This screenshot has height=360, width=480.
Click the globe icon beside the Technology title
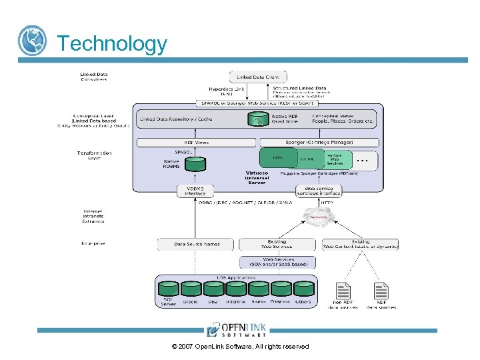coord(32,41)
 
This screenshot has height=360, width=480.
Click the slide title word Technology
coord(112,43)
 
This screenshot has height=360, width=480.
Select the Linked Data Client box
coord(258,77)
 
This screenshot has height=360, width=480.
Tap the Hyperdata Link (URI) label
coord(226,91)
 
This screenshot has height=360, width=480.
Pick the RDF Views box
coord(196,142)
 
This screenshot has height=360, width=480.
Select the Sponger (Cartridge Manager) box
coord(319,142)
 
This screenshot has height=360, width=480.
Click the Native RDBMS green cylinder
coord(195,163)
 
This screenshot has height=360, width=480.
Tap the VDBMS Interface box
coord(195,191)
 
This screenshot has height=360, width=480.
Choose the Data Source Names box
coord(197,245)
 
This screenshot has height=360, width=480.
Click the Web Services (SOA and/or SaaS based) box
coord(277,262)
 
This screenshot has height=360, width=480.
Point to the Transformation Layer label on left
coord(94,155)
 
